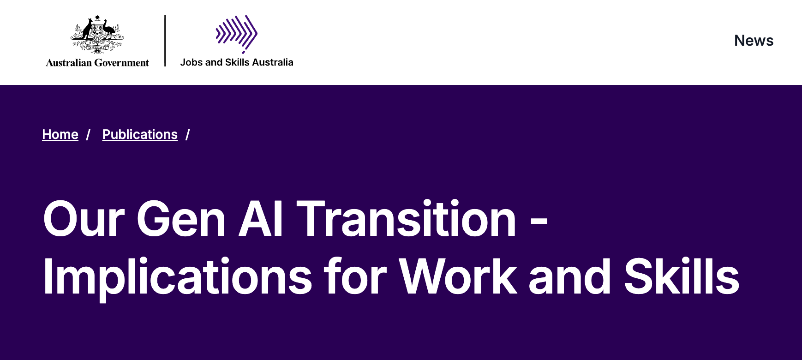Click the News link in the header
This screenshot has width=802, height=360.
click(754, 41)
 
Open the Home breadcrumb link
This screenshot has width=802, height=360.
click(60, 134)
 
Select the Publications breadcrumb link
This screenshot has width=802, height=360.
click(140, 134)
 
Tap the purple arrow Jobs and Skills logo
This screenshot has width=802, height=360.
click(236, 34)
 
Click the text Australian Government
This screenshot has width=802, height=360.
click(97, 63)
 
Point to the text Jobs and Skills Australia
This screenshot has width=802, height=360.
click(237, 62)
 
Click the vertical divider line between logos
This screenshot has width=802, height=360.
click(165, 41)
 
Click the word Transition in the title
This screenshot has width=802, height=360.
click(407, 219)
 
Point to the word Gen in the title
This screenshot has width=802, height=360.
click(181, 219)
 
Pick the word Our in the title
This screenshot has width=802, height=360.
click(84, 219)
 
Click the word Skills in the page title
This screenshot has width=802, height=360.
click(682, 276)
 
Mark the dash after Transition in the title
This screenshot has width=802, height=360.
click(539, 223)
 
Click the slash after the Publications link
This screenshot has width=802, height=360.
click(188, 134)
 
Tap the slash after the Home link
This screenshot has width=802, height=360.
click(88, 134)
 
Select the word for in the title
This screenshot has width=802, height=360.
click(355, 276)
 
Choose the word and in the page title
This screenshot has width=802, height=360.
click(570, 276)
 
